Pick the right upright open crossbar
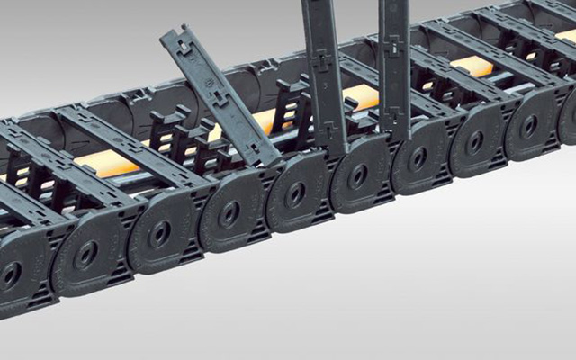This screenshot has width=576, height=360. [x=393, y=67]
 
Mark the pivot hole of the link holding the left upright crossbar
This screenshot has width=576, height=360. [x=357, y=175]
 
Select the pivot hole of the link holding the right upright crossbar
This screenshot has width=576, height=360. [x=418, y=158]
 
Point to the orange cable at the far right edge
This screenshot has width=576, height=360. [x=567, y=36]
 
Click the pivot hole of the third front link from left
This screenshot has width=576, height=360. [x=160, y=234]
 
